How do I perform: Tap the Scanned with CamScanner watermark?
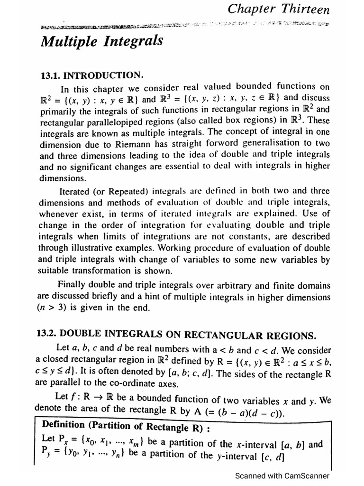[x=282, y=476]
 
